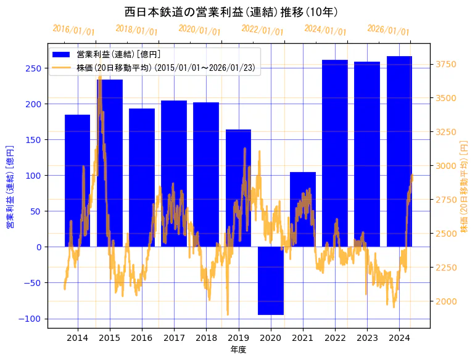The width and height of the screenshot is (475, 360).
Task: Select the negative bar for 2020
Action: pos(271,280)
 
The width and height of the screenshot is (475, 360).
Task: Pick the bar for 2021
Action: pos(303,210)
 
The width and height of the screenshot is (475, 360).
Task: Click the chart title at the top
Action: pos(231,12)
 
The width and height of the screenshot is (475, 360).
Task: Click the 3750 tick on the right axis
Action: pos(447,64)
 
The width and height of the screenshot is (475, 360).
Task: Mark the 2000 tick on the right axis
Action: pos(447,301)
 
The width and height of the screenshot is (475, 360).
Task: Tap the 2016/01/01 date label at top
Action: pos(74,30)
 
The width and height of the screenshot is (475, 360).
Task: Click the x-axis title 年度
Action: pos(238,350)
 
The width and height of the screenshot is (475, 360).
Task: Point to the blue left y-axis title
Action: pos(10,186)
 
